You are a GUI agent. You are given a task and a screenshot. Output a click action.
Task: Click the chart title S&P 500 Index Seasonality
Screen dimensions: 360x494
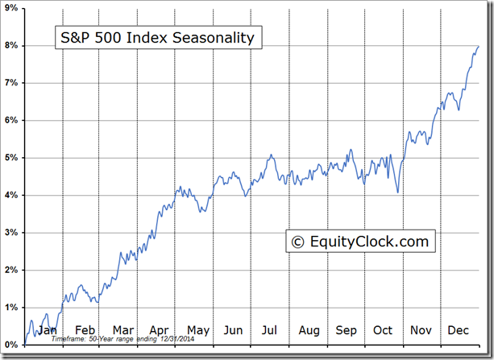tap(158, 38)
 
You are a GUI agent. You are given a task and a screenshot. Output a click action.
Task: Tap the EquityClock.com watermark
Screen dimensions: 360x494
tap(360, 241)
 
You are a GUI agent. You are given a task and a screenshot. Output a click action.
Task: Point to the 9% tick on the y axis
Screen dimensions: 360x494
tap(11, 8)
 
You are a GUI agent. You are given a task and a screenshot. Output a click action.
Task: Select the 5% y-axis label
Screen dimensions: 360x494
tap(11, 158)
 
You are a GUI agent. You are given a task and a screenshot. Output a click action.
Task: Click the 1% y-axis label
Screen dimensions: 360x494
tap(11, 308)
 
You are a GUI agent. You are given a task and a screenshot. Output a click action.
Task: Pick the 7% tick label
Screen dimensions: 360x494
tap(11, 83)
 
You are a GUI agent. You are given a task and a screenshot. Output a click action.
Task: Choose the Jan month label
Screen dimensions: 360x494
tap(47, 330)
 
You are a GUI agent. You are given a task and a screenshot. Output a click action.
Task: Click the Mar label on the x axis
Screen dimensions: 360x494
tap(122, 330)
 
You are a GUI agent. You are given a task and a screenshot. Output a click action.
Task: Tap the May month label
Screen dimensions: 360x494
tap(197, 330)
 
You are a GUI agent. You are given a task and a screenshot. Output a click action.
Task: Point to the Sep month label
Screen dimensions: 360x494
tap(347, 330)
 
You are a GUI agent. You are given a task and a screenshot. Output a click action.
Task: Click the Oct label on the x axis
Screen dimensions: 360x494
tap(383, 330)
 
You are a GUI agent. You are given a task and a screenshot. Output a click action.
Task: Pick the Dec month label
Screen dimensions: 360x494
tap(459, 330)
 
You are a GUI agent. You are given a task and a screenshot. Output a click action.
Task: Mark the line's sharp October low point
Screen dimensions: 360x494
tap(398, 192)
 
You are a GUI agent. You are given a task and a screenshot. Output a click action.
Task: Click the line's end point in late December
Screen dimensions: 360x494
tap(478, 46)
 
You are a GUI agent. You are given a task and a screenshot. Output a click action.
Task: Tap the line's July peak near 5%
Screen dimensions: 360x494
tap(272, 155)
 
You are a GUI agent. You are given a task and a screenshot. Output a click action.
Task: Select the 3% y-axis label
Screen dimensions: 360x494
tap(11, 233)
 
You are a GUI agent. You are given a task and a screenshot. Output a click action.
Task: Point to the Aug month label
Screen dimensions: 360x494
tap(309, 330)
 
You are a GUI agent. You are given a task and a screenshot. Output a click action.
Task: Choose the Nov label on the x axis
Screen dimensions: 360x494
tap(421, 330)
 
